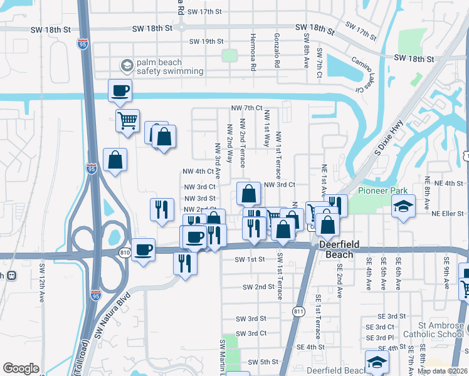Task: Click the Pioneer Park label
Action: click(x=382, y=191)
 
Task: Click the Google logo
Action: click(x=21, y=368)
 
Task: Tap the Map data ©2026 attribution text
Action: click(x=443, y=371)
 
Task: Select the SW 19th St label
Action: click(x=206, y=42)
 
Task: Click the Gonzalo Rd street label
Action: click(x=276, y=51)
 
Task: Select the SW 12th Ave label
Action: click(x=43, y=279)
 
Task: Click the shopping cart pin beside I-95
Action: click(x=127, y=120)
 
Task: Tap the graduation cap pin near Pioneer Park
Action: click(x=403, y=206)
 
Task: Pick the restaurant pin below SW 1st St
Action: click(x=184, y=262)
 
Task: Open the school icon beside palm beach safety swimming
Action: click(x=127, y=66)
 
